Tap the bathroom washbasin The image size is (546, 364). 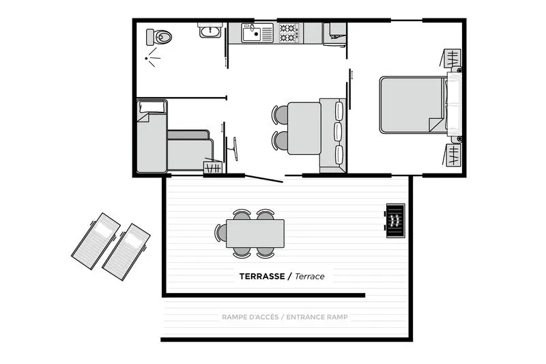coord(210,30)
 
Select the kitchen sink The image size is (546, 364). coord(257,33)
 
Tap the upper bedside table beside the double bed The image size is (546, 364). coord(453,59)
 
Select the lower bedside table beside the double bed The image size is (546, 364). coord(453,154)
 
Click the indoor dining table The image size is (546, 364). coord(304,128)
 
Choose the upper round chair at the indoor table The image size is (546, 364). coord(281,115)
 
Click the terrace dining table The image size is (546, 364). coord(255,233)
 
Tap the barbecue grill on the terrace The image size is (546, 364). coord(394,221)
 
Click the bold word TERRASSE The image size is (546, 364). coord(261,277)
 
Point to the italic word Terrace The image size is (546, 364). coord(310,277)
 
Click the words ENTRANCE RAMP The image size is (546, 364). coord(317,318)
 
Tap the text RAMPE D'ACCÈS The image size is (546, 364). coord(252,318)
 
